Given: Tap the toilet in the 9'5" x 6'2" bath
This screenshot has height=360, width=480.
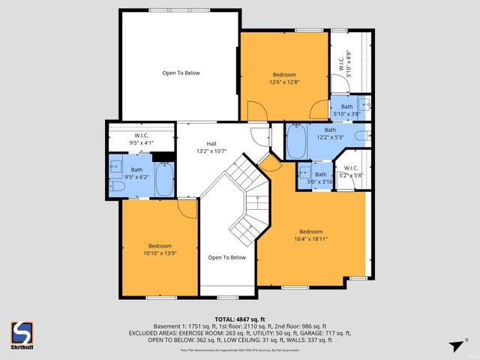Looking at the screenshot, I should point(118,185).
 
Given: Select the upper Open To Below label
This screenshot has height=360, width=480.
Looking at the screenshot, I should point(181,73).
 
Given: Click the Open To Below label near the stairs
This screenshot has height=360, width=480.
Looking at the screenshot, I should point(226,257).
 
